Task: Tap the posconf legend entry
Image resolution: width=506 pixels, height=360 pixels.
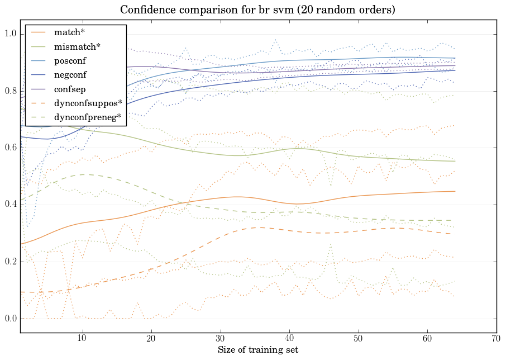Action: (x=70, y=60)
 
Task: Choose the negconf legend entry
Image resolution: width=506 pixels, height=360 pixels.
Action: (x=70, y=74)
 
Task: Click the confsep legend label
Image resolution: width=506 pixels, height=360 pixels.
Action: (x=69, y=88)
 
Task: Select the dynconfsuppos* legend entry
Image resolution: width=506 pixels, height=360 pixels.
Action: (x=87, y=103)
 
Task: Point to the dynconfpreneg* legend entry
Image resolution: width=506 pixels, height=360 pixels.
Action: (x=88, y=117)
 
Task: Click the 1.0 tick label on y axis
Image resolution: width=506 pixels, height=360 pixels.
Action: (x=11, y=35)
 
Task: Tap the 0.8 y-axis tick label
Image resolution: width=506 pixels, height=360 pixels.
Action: (x=11, y=91)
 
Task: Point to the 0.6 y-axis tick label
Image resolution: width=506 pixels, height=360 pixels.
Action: (x=11, y=148)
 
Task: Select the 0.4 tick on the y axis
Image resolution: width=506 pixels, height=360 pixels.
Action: (x=11, y=205)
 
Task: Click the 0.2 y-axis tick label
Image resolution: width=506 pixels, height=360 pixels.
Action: (x=11, y=262)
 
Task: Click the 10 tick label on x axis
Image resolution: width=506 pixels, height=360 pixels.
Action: (x=82, y=339)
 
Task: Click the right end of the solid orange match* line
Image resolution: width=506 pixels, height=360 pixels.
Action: (x=455, y=191)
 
